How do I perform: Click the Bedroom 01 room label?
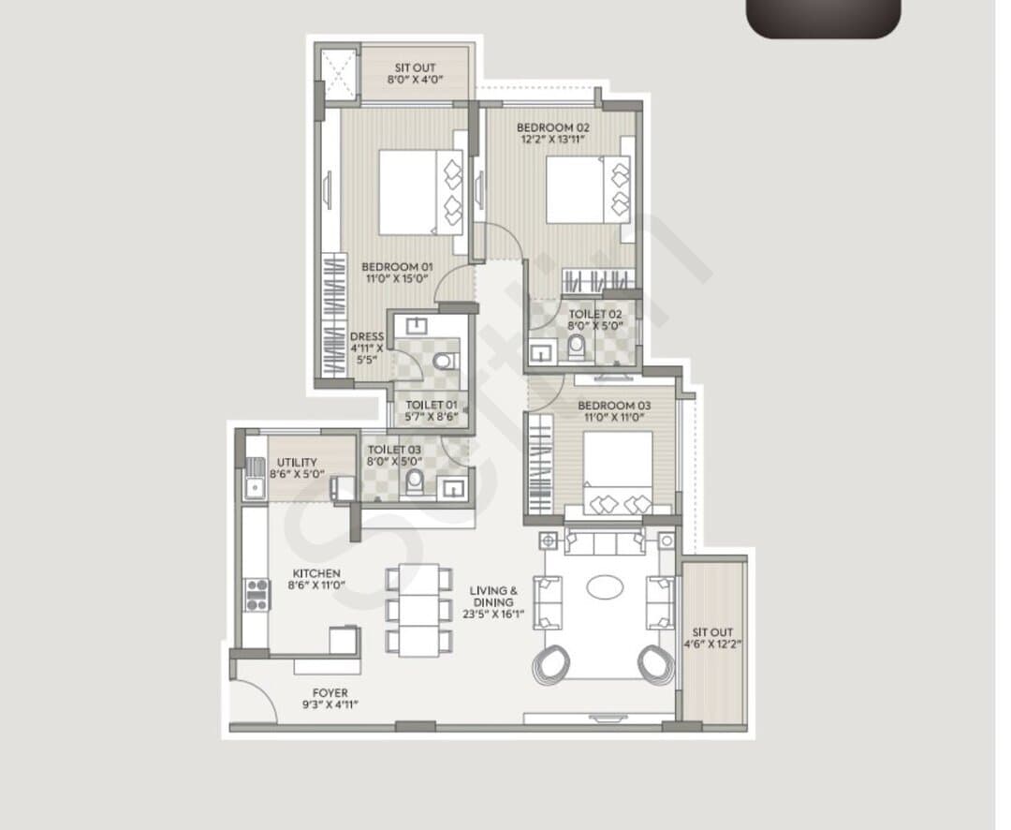coord(397,267)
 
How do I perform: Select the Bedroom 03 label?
coord(614,406)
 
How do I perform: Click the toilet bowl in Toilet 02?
coord(576,348)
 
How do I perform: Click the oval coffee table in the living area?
coord(605,587)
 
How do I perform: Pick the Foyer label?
coord(330,692)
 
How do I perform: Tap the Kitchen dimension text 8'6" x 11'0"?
coord(316,585)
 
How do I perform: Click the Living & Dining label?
coord(493,596)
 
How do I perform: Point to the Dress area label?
coord(367,336)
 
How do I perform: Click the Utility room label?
coord(297,462)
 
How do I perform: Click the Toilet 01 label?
coord(432,406)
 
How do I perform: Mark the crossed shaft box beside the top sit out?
coord(340,74)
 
